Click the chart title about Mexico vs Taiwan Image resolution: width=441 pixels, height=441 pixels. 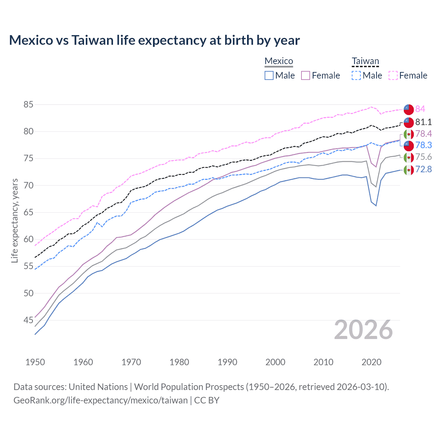point(154,40)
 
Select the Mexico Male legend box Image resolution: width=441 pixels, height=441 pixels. point(269,75)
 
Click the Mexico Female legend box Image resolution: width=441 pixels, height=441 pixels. point(306,75)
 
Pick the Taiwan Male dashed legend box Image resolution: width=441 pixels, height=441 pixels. point(356,75)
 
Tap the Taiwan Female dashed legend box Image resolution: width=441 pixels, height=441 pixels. point(393,75)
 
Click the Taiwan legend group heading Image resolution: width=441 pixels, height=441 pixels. point(365,61)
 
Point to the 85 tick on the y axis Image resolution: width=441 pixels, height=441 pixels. point(29,104)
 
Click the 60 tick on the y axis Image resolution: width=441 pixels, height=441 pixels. point(29,239)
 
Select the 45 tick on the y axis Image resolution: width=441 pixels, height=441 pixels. point(29,320)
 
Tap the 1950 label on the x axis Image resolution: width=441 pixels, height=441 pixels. point(35,362)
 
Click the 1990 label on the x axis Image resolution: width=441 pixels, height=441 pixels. point(227,362)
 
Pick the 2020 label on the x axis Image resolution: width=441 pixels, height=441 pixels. point(371,362)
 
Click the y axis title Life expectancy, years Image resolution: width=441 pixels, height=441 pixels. point(14,220)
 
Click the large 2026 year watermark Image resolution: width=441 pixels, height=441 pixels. point(363,330)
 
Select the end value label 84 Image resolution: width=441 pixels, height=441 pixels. point(420,109)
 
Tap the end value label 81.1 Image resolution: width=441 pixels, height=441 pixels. point(423,122)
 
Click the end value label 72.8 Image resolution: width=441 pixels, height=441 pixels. point(423,169)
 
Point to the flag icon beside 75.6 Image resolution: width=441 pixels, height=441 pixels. point(409,157)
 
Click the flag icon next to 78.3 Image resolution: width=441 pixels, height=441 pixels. point(409,145)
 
